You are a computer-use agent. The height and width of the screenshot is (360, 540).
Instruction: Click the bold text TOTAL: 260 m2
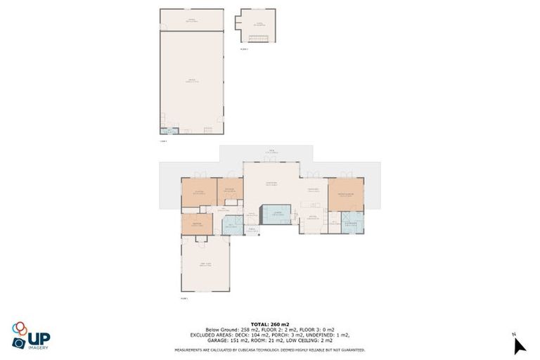tap(270, 324)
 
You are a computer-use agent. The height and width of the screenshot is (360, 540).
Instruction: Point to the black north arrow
tap(519, 346)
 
